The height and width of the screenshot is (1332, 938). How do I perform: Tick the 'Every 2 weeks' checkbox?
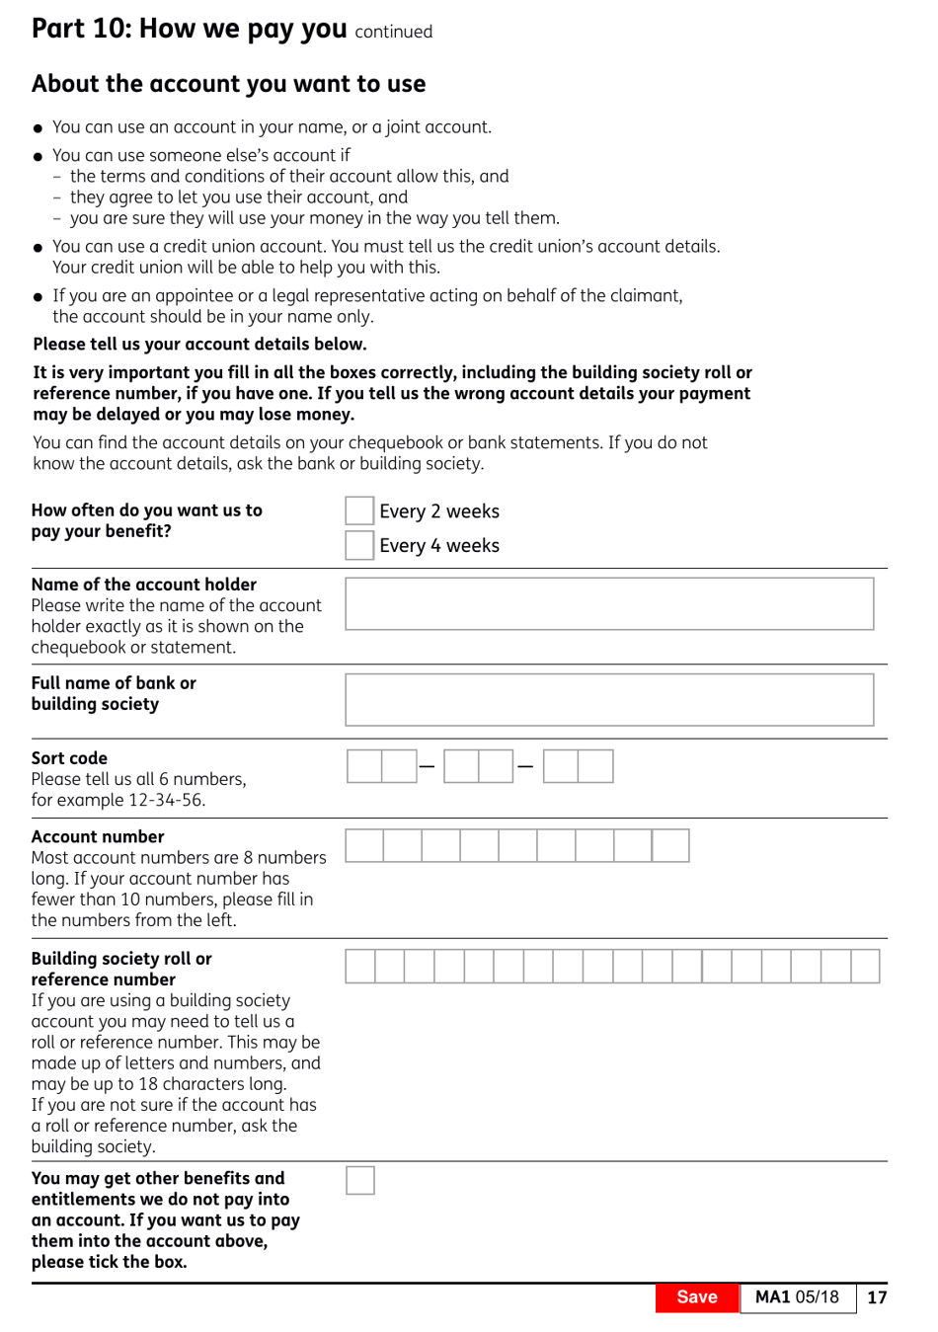click(x=359, y=510)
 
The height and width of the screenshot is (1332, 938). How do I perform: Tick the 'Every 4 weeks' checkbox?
click(x=359, y=545)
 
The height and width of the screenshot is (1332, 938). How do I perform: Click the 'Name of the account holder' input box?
click(x=609, y=603)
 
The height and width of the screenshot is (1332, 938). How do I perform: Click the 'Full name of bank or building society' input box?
click(x=609, y=700)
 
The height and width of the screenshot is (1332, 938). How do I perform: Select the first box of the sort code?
click(x=364, y=766)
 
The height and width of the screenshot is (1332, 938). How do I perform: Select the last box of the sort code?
click(x=595, y=766)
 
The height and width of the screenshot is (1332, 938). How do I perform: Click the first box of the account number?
click(x=364, y=845)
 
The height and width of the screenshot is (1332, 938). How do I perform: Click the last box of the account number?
click(x=670, y=845)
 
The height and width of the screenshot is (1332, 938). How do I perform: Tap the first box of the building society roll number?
click(x=360, y=966)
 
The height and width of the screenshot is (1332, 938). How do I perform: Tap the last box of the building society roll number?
click(x=865, y=966)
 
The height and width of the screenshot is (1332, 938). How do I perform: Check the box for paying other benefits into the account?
click(x=360, y=1180)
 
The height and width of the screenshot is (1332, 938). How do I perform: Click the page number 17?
click(x=877, y=1297)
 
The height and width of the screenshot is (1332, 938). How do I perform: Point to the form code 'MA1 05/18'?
click(x=797, y=1297)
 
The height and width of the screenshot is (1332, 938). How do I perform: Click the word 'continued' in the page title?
click(x=393, y=32)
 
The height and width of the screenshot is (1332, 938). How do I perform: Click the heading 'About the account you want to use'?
click(x=228, y=84)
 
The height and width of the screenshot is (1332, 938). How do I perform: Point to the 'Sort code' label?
click(x=69, y=758)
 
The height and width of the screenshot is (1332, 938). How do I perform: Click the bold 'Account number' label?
click(x=98, y=836)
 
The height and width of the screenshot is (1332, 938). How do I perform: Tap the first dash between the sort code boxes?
click(x=427, y=766)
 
